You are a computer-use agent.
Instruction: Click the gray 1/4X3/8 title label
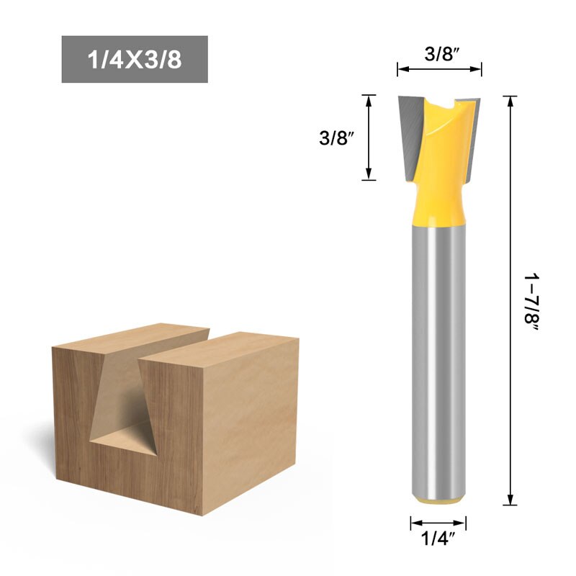coord(135,59)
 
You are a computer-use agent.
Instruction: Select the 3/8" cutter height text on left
coord(337,138)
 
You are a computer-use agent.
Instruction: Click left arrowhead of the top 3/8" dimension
coord(400,70)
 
